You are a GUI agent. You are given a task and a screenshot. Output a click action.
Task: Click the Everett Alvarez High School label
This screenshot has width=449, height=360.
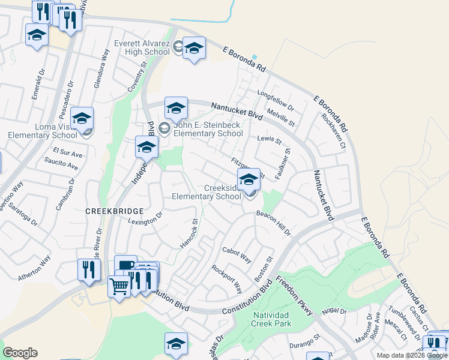click(x=142, y=47)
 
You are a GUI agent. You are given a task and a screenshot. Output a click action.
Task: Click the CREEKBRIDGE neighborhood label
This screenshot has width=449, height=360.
click(x=114, y=211)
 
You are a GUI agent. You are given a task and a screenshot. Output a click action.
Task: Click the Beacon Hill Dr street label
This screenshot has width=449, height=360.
click(x=273, y=223)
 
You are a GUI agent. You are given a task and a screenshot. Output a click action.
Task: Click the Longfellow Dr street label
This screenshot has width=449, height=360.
click(x=276, y=101)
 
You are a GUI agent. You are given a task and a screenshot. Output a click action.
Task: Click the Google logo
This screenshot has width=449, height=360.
click(x=20, y=353)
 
